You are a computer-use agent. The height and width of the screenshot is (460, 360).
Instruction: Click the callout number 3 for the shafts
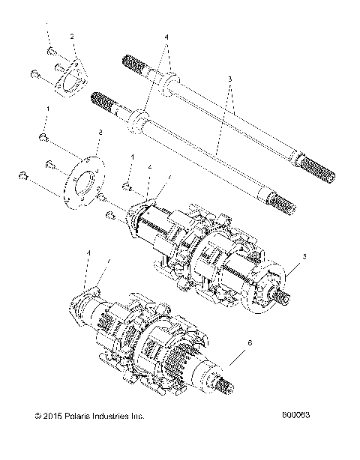pos(230,79)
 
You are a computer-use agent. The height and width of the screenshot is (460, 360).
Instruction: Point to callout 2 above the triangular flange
pos(72,36)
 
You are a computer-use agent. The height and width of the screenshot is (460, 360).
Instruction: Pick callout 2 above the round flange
pos(99,133)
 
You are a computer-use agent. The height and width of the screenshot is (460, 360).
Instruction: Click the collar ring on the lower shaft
pos(138,120)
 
